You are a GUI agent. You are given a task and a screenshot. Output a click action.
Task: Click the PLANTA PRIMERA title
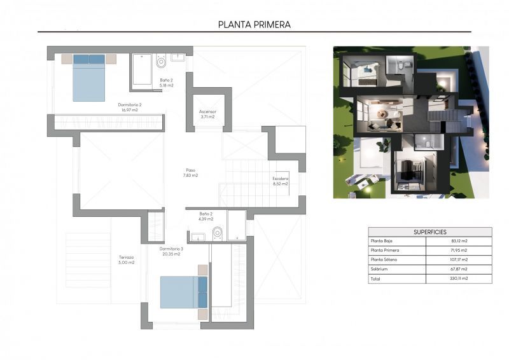pos(254,25)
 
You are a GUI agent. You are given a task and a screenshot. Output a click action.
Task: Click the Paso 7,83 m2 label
pos(191,172)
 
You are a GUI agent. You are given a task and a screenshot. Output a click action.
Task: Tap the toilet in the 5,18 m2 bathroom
pos(161,62)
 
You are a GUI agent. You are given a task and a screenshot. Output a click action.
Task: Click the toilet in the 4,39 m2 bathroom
pos(218,233)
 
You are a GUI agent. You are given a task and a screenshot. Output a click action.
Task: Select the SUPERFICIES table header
pos(429,232)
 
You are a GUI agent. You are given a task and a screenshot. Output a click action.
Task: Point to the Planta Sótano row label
pos(384,260)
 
